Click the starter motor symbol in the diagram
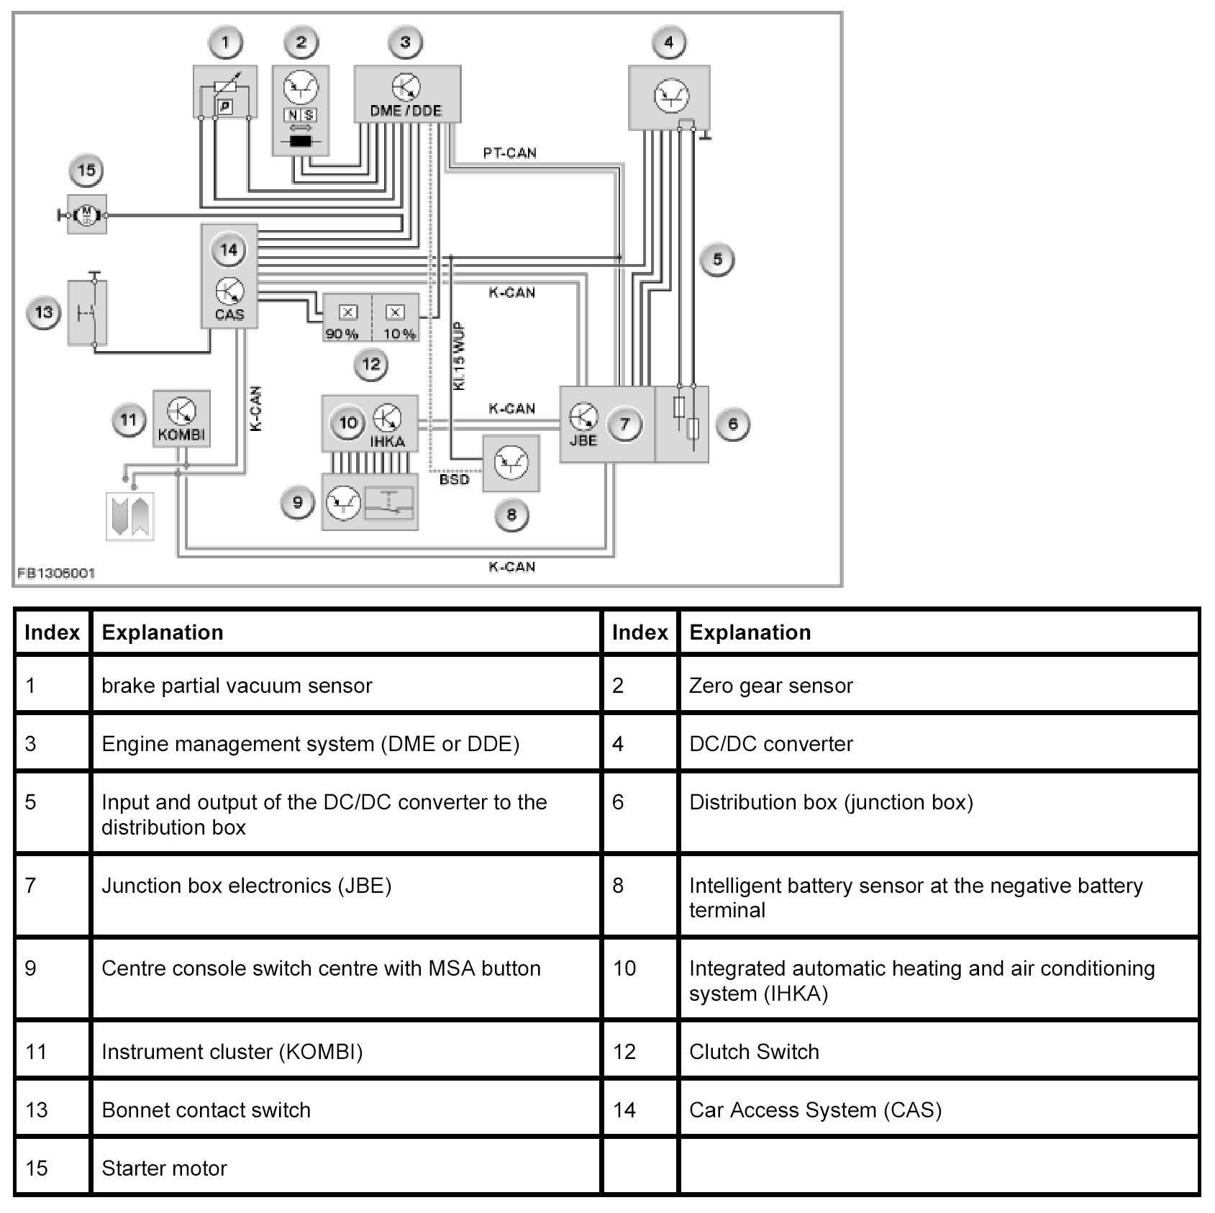pos(87,214)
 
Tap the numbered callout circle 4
pos(668,43)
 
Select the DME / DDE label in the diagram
pos(406,111)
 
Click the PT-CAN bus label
pos(509,153)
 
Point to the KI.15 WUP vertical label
pos(459,356)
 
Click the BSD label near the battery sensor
pos(454,479)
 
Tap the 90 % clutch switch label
pos(342,334)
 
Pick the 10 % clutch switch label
pos(399,334)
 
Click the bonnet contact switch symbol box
pos(88,313)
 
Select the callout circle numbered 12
pos(371,365)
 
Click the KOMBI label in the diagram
pos(181,435)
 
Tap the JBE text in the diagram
pos(583,440)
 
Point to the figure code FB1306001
pos(56,573)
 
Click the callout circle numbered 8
pos(511,515)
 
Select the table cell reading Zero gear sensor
pos(770,686)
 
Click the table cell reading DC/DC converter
pos(770,744)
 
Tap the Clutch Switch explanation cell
pos(754,1052)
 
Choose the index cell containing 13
pos(37,1110)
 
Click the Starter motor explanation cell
pos(165,1168)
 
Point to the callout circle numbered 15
pos(86,171)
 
